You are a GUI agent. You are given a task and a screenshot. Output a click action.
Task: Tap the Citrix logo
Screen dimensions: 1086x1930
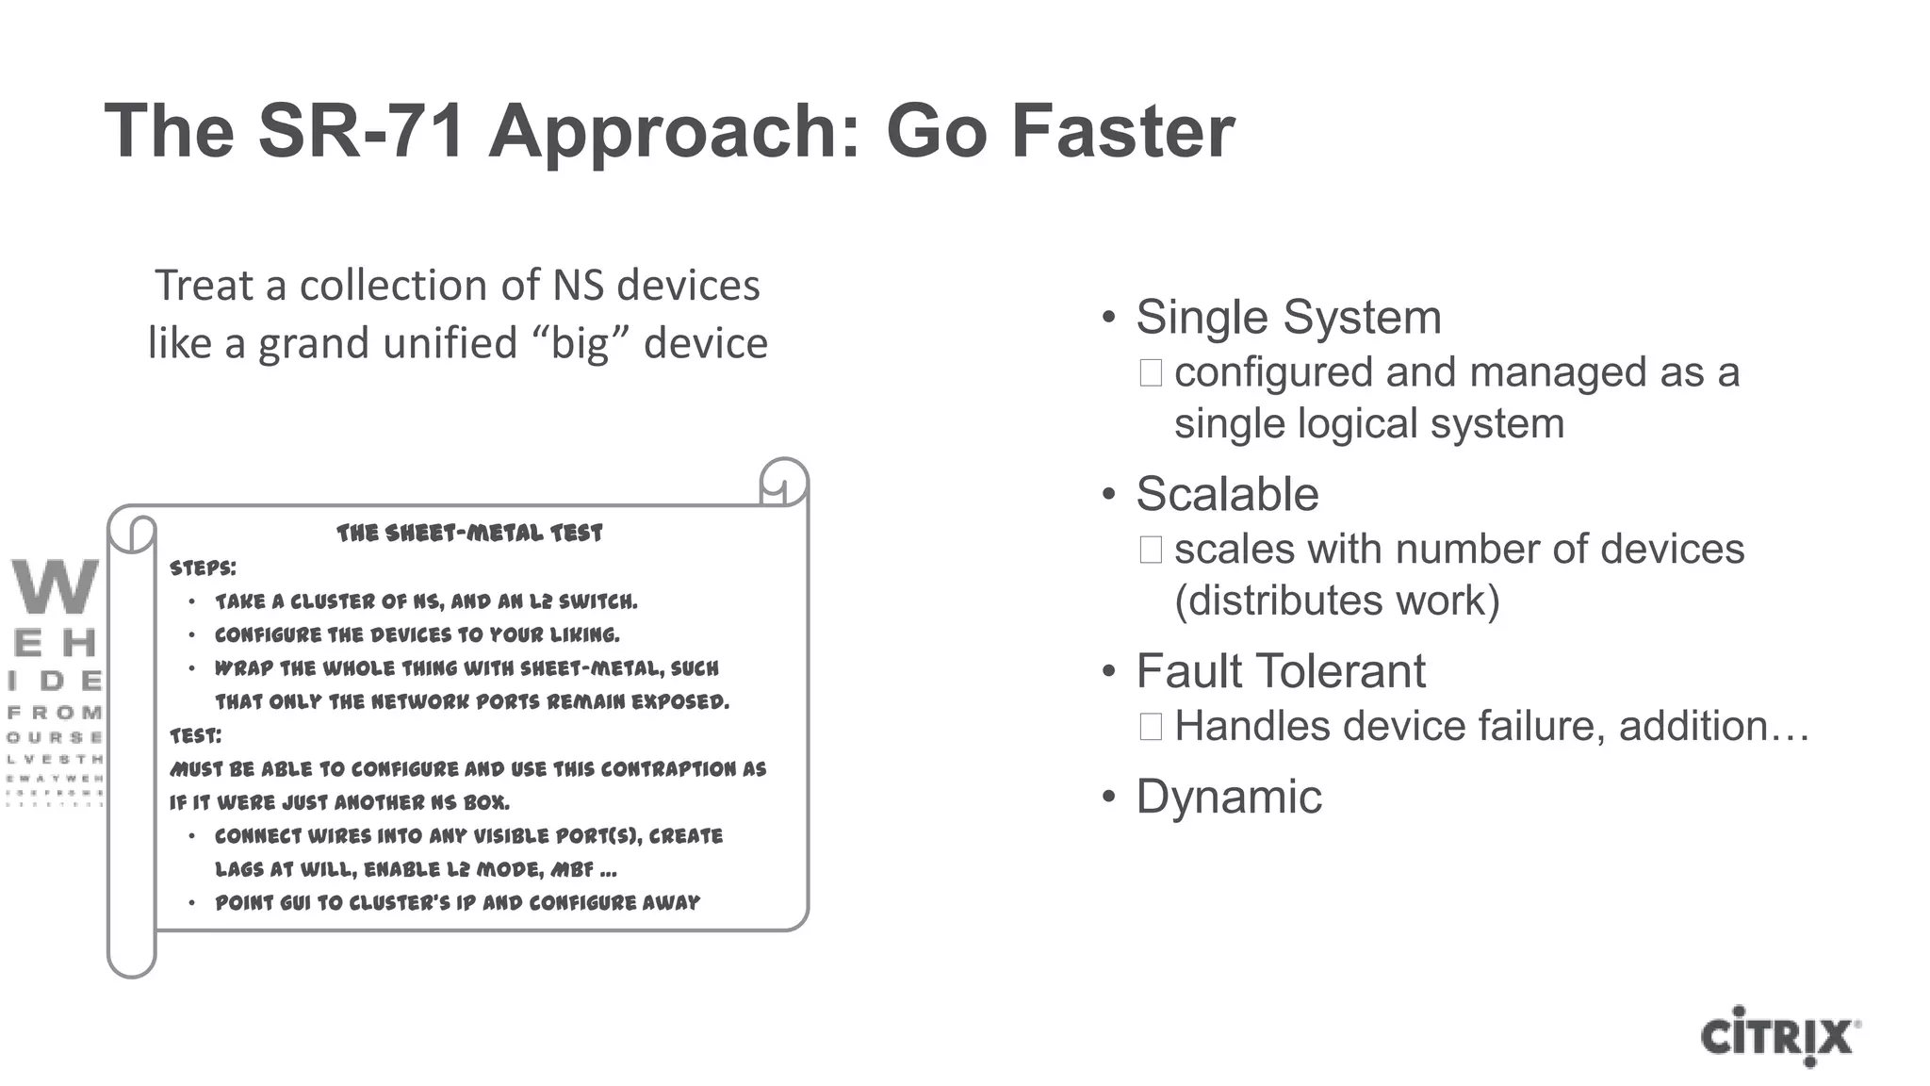[x=1779, y=1036]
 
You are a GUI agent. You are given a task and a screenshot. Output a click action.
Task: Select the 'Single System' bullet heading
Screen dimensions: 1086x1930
[x=1288, y=317]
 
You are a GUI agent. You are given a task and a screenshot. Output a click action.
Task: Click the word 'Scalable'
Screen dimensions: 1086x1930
[x=1227, y=494]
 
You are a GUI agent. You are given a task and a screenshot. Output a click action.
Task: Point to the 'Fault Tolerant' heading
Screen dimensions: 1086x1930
[x=1280, y=671]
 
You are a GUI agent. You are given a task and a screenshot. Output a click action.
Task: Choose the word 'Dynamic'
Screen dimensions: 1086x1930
[x=1229, y=797]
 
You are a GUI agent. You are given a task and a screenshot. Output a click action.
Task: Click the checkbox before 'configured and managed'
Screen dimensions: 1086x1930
[x=1151, y=373]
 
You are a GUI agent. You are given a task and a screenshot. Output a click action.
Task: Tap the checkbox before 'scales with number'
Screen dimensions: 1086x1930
[x=1151, y=550]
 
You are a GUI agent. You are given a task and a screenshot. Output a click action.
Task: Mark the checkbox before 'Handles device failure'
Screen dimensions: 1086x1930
[x=1151, y=727]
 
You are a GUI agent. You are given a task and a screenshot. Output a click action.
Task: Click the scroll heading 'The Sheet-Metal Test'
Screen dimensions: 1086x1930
[x=469, y=534]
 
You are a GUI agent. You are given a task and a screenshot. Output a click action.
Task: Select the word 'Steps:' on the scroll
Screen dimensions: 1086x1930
[x=203, y=568]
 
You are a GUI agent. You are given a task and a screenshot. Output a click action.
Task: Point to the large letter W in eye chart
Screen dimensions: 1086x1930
[x=55, y=586]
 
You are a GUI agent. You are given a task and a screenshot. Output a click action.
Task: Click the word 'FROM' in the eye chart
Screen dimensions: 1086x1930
[x=55, y=713]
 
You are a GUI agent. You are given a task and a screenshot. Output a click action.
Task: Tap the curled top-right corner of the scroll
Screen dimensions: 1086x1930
[x=783, y=482]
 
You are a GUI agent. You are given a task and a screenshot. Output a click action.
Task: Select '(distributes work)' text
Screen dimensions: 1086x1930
[x=1336, y=601]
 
